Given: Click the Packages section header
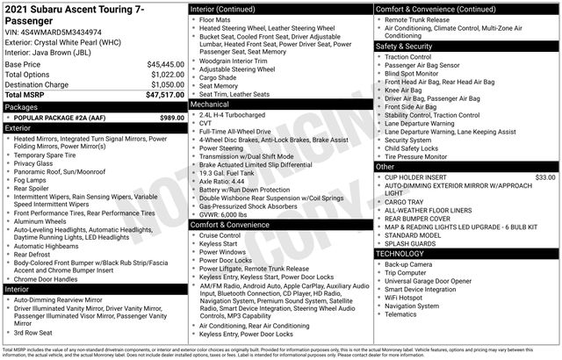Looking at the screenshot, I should pos(22,106).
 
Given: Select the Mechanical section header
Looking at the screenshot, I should pos(212,104).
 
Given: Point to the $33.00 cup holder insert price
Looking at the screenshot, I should pos(545,176).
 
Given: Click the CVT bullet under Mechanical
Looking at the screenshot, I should pos(208,124).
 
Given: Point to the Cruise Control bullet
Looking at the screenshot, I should pos(220,235).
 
